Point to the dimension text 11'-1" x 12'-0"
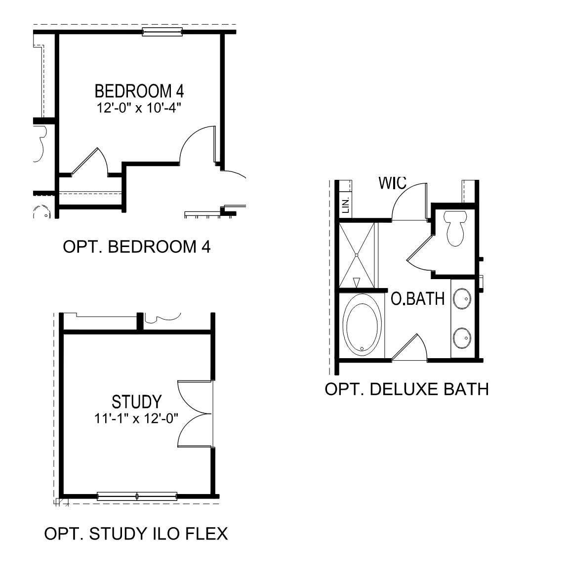pos(136,418)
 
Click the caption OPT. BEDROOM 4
pos(137,247)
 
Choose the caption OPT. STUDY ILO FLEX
pos(136,534)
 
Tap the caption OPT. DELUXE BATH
pos(406,389)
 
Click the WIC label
pos(392,183)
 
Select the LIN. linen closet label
pos(346,204)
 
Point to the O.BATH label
pos(418,299)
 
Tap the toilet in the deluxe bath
pos(454,228)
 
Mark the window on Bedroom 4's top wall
pos(162,33)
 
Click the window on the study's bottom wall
pos(137,495)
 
